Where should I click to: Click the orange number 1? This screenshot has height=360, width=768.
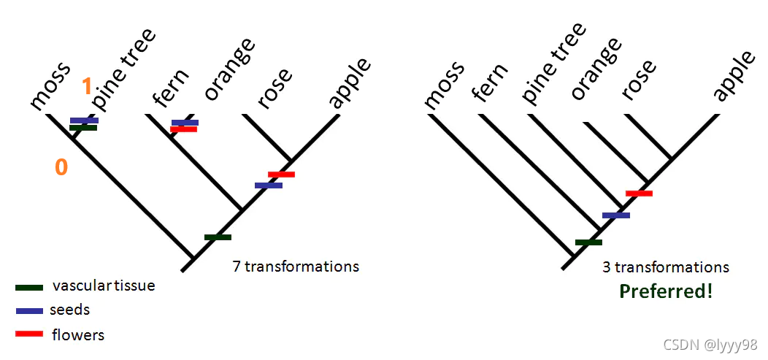pos(87,87)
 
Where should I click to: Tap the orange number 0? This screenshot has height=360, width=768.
pos(61,167)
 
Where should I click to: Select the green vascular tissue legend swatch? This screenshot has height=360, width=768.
pos(28,287)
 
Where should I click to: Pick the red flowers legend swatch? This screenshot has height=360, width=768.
pos(28,334)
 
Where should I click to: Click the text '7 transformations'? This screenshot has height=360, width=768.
pos(296,266)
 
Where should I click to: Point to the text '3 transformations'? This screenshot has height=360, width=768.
pos(666,267)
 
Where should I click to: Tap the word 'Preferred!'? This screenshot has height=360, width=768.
pos(666,291)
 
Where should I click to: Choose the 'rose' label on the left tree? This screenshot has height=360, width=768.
pos(274,88)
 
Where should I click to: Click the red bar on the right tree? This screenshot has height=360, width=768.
pos(639,193)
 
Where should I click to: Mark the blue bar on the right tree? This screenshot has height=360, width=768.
pos(615,215)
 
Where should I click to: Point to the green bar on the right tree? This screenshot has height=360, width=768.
pos(588,242)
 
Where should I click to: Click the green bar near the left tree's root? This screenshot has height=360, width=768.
pos(218,237)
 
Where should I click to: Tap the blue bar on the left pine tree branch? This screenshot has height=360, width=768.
pos(84,120)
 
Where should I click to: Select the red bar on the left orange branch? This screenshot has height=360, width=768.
pos(183,129)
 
